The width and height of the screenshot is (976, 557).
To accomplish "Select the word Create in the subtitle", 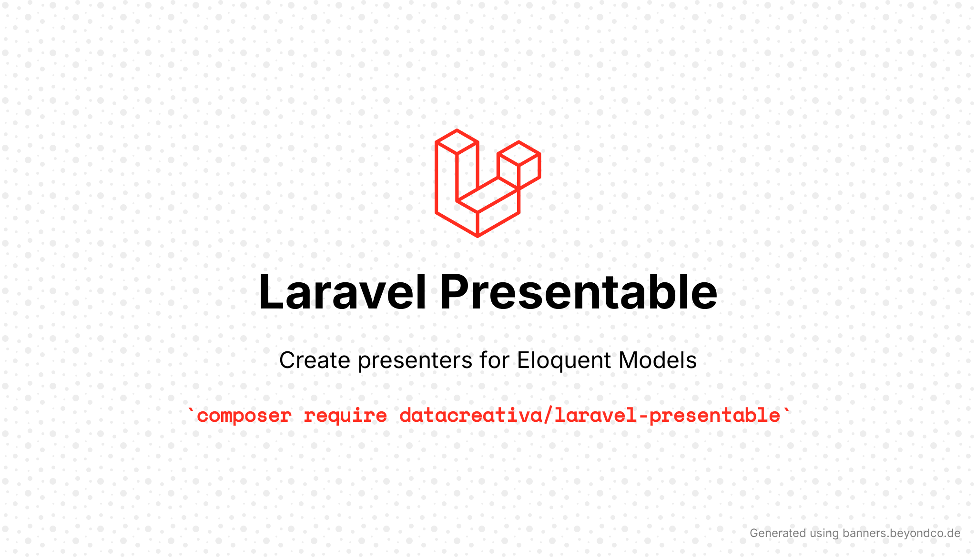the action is pos(315,360).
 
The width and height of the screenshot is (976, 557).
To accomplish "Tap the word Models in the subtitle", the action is pos(658,360).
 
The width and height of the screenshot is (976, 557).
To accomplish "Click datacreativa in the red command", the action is pos(471,415).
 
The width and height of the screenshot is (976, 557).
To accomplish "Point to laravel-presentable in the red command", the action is pos(667,416).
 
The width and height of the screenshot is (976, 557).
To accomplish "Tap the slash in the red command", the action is pos(549,415).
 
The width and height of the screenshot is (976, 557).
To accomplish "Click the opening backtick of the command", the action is pos(191,410).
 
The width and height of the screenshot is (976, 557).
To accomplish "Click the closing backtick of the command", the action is pos(786,410).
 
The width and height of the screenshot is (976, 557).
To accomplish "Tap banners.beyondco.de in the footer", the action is pos(902,533).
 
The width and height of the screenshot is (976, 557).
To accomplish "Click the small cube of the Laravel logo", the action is pos(519,165).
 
